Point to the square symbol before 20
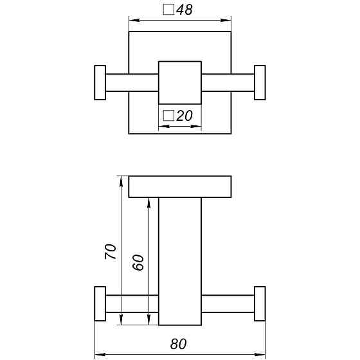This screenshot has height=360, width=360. click(168, 116)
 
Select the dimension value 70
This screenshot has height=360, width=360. click(110, 251)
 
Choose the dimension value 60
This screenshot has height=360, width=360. click(138, 262)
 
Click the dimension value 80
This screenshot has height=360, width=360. click(180, 344)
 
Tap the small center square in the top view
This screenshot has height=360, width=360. click(180, 82)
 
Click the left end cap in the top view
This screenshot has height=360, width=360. click(100, 82)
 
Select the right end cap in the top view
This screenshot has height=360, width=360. click(260, 82)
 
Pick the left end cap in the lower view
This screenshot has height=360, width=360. click(100, 303)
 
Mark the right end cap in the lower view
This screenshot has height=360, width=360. click(260, 303)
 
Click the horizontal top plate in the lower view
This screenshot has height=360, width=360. click(180, 186)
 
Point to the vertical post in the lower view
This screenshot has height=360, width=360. click(180, 260)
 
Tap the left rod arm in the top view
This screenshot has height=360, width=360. click(132, 82)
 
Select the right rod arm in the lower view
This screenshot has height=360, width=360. click(228, 303)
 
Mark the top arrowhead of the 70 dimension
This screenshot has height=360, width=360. click(121, 180)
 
